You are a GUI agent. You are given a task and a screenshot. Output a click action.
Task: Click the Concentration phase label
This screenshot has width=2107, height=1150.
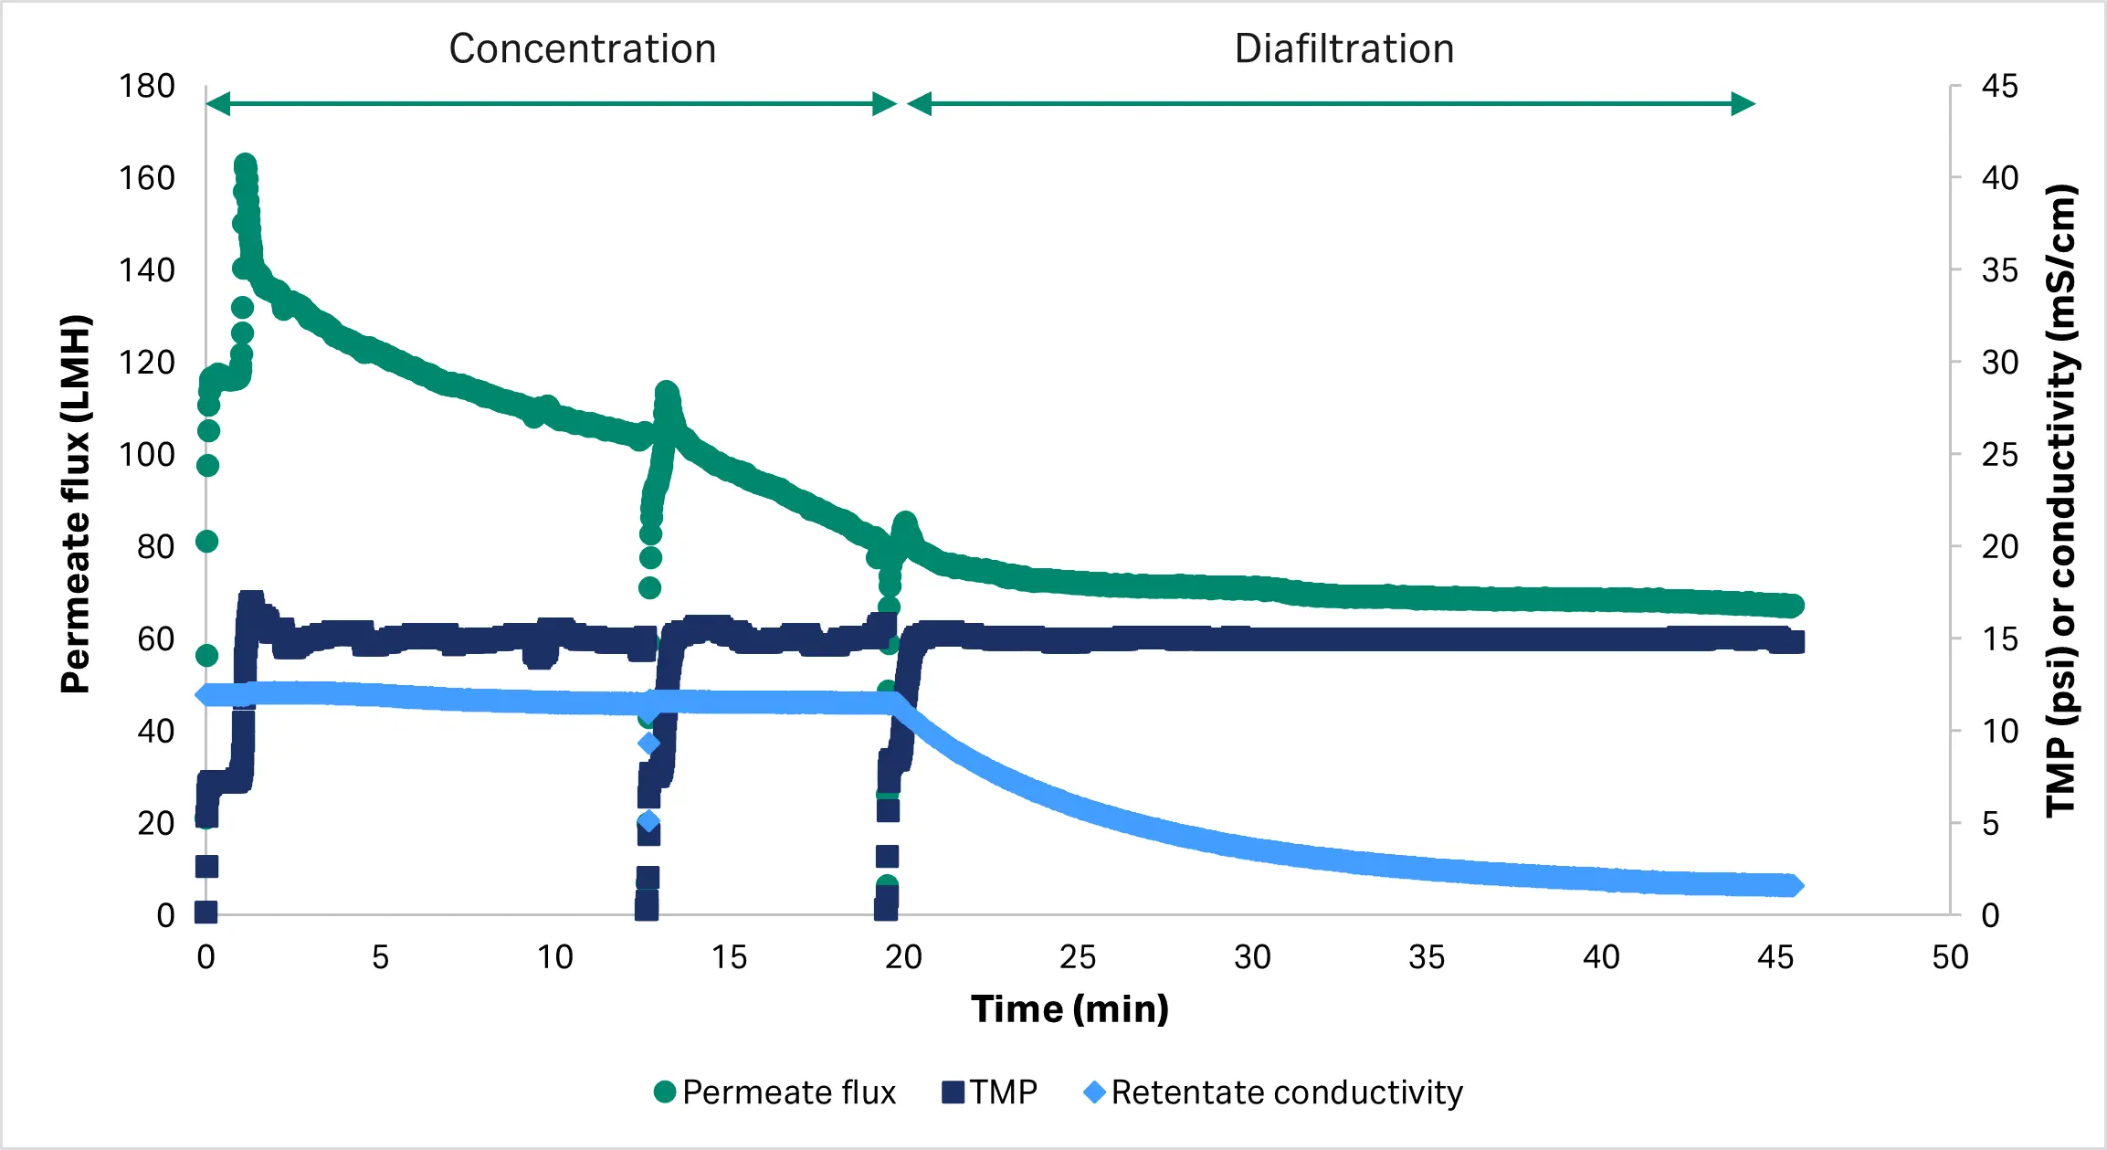point(582,49)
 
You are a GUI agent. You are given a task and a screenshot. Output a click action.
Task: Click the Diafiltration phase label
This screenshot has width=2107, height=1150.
point(1343,49)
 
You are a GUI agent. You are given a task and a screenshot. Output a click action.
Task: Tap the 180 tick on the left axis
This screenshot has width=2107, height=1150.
point(146,87)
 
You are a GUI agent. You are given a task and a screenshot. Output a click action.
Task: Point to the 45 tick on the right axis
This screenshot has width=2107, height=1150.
point(1999,87)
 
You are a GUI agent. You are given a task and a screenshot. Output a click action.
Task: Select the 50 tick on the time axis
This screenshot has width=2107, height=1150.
point(1949,957)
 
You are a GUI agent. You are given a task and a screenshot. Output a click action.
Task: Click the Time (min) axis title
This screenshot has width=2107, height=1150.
point(1069,1009)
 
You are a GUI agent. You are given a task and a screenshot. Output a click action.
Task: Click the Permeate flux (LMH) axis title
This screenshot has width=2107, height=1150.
point(76,504)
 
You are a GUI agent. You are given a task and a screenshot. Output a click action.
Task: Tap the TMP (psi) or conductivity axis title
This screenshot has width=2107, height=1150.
point(2060,501)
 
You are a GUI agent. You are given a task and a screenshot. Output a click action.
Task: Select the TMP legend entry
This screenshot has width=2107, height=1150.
point(990,1092)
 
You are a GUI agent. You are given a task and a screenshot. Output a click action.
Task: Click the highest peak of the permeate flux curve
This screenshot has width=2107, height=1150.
point(245,166)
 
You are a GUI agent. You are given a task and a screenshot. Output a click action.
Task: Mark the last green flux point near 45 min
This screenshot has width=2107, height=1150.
point(1792,606)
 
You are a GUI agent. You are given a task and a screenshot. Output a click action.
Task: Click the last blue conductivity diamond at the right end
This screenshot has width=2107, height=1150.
point(1792,885)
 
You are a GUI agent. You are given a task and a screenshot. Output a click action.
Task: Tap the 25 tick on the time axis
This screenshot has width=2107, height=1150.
point(1078,957)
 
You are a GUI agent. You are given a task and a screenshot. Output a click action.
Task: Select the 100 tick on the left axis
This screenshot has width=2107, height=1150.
point(146,455)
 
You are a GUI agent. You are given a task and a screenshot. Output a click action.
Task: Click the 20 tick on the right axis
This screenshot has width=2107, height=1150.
point(1999,547)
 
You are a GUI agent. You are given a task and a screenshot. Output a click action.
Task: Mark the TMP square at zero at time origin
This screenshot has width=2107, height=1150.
point(206,911)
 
